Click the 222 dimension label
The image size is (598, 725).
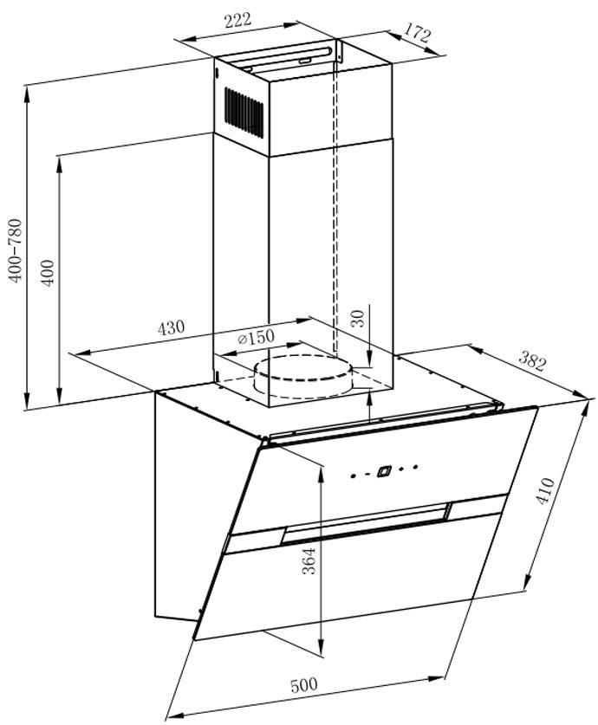pyautogui.click(x=237, y=21)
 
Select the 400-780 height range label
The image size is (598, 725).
pyautogui.click(x=16, y=251)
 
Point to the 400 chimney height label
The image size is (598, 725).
pyautogui.click(x=48, y=273)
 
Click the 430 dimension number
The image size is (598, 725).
pyautogui.click(x=171, y=327)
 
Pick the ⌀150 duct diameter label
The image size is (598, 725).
pyautogui.click(x=256, y=338)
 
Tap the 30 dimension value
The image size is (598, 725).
pyautogui.click(x=358, y=318)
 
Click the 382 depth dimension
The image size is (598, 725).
pyautogui.click(x=531, y=362)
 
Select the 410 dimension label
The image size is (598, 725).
pyautogui.click(x=544, y=491)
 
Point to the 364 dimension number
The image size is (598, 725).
pyautogui.click(x=309, y=561)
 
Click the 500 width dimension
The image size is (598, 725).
pyautogui.click(x=304, y=685)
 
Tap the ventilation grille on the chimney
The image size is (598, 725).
pyautogui.click(x=244, y=112)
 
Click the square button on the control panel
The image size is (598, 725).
pyautogui.click(x=384, y=471)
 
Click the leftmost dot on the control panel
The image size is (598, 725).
pyautogui.click(x=353, y=476)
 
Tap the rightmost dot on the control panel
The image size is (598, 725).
pyautogui.click(x=416, y=467)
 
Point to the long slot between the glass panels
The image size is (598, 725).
pyautogui.click(x=366, y=522)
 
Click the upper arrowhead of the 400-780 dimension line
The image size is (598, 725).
pyautogui.click(x=27, y=94)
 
